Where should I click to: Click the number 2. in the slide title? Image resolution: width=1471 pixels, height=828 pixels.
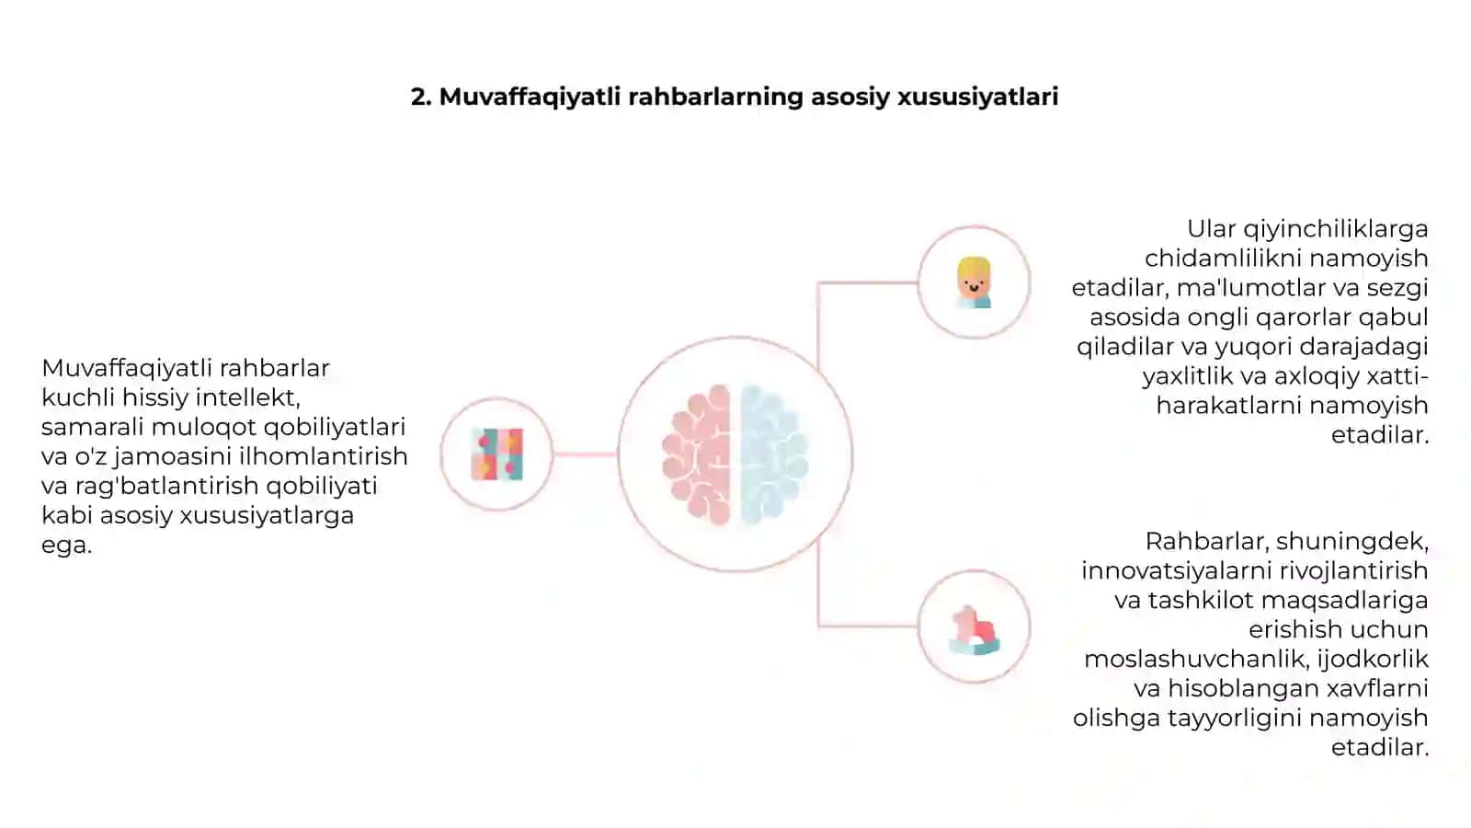coord(421,97)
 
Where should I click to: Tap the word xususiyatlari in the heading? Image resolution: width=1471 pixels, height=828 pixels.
coord(978,98)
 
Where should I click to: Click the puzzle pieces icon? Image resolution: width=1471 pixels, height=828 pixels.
coord(497,454)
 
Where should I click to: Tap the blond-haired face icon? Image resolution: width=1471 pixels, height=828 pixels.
coord(974,282)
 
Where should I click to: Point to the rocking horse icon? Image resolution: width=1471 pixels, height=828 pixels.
coord(975,630)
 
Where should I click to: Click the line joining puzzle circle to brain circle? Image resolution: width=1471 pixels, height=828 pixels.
coord(585,454)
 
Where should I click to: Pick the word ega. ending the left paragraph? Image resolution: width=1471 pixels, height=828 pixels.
coord(66,546)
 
